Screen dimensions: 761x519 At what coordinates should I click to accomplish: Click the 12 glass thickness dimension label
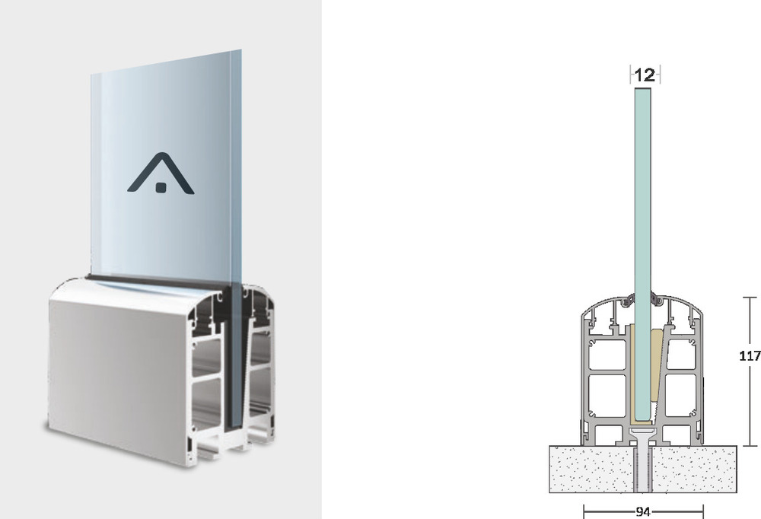coord(645,75)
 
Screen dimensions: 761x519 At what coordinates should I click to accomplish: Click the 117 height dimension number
coord(750,356)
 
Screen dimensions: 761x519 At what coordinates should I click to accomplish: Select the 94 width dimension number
coord(643,511)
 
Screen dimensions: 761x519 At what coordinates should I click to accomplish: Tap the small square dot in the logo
coord(161,187)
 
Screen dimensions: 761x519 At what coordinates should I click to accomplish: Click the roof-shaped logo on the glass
coord(161,174)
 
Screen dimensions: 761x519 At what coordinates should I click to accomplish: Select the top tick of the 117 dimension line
coord(750,297)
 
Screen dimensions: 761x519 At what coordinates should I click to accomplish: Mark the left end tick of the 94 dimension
coord(584,511)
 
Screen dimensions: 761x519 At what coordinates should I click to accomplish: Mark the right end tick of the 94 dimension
coord(703,511)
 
